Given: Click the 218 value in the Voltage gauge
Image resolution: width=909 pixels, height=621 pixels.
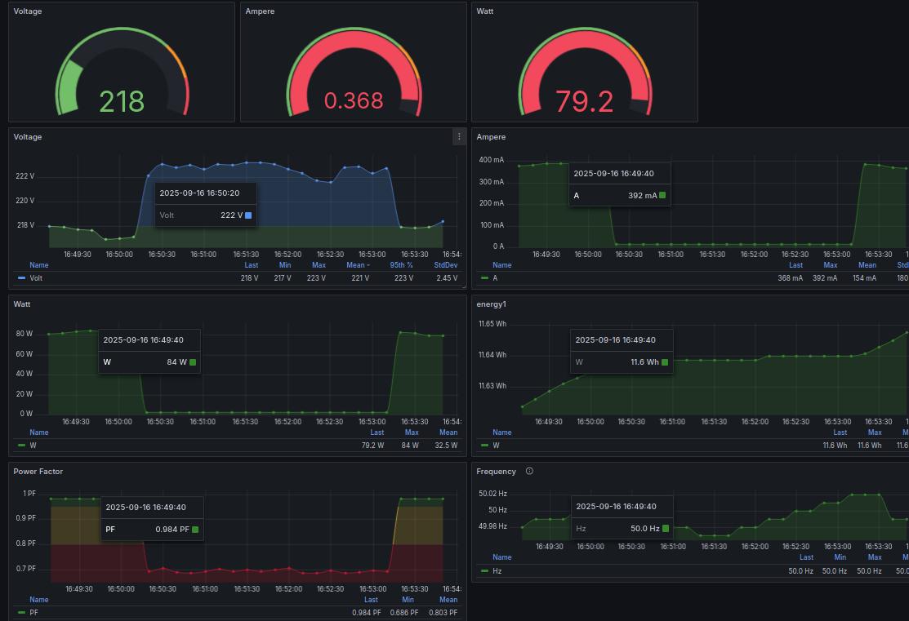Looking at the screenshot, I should point(122,101).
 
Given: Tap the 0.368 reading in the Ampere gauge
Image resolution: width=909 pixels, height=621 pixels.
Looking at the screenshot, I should point(354,100).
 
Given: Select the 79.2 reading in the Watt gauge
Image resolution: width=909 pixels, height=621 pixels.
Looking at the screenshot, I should point(584,101).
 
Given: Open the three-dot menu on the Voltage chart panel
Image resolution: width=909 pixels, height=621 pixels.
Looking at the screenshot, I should point(459,137).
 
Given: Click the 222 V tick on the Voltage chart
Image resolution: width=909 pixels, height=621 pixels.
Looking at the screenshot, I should point(25,176).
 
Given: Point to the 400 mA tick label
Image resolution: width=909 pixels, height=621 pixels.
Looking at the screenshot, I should point(491,160).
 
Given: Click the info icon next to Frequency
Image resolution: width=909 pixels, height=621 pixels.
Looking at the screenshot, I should point(529,471).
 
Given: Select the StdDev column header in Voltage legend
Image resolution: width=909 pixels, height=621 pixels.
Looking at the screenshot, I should point(446,265).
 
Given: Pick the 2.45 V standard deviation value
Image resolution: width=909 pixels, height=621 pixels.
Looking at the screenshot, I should point(446,278).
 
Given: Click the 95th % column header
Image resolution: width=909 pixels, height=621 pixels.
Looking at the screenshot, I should point(401,265).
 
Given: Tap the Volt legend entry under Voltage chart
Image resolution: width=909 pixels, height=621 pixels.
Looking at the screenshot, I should point(36,278).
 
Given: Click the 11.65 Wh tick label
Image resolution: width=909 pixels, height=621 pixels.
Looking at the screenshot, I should point(492,324).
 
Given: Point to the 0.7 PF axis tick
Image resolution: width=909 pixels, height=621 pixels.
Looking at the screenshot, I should point(27,569).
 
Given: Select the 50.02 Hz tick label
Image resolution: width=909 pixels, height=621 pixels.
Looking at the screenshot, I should point(492,494).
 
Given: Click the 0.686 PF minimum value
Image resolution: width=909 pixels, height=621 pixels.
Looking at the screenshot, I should point(406,613).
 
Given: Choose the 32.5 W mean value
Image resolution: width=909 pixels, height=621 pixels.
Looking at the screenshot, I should point(447,446).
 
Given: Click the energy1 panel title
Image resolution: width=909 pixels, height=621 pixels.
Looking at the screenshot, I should point(492,304).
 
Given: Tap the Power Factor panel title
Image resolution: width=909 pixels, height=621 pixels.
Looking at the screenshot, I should point(38,472).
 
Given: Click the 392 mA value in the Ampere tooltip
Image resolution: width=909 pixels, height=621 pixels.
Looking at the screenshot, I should point(643,196).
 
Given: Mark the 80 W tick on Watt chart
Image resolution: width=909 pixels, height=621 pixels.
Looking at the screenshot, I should point(25,334).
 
